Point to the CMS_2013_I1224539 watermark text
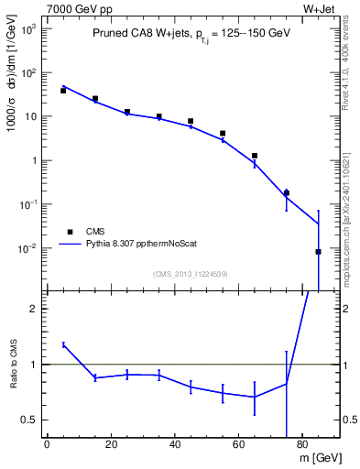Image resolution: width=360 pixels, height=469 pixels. click(x=191, y=273)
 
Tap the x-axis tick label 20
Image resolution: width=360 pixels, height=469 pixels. click(x=111, y=444)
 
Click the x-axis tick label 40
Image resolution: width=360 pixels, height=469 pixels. click(x=175, y=444)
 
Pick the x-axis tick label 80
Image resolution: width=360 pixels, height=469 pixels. click(x=303, y=444)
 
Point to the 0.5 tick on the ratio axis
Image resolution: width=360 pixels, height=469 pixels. click(x=31, y=420)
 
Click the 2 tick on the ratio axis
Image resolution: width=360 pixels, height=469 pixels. click(x=35, y=309)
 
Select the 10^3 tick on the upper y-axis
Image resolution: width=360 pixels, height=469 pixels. click(x=29, y=28)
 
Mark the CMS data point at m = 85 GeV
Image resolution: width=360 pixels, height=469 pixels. click(x=318, y=252)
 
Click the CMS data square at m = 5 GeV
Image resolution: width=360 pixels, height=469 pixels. click(x=63, y=91)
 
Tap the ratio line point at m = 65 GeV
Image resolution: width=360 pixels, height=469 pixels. click(x=254, y=397)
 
